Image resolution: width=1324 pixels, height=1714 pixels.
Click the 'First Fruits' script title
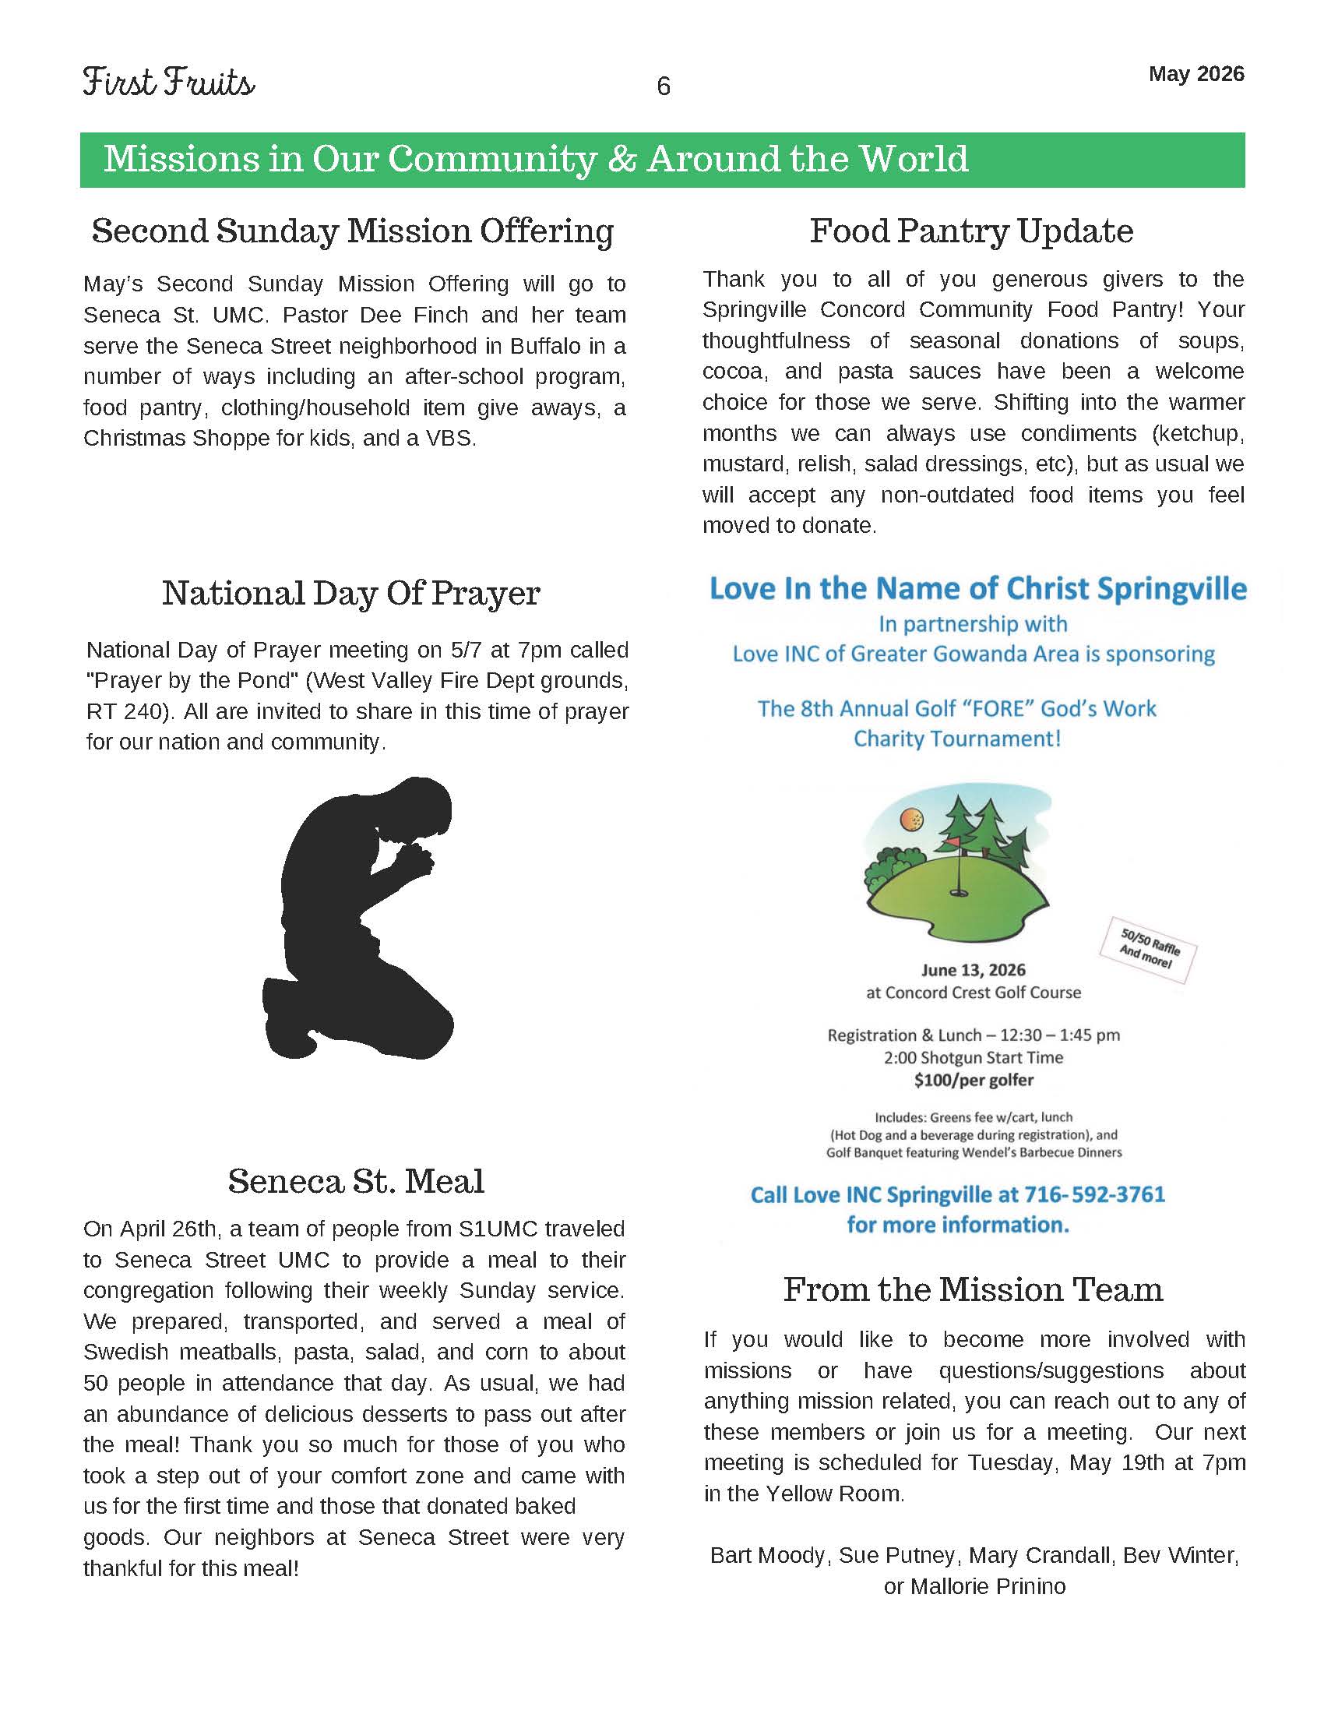tap(169, 83)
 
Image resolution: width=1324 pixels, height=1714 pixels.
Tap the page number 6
tap(663, 86)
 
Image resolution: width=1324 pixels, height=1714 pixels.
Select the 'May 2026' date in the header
tap(1195, 74)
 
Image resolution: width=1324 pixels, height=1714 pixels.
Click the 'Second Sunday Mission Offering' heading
tap(352, 231)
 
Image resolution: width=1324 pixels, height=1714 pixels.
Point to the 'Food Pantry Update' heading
tap(971, 231)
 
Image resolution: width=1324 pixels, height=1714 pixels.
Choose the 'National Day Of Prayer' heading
tap(350, 594)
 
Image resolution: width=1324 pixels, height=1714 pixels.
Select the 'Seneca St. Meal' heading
tap(356, 1180)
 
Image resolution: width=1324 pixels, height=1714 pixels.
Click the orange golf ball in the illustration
tap(913, 820)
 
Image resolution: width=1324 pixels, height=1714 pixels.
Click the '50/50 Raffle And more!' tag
tap(1148, 950)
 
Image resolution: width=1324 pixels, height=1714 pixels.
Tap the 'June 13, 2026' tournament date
tap(973, 970)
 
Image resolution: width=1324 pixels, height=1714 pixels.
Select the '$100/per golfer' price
tap(974, 1080)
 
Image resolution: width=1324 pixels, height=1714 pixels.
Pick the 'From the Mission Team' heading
tap(973, 1289)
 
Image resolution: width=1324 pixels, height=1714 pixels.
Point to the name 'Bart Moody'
tap(767, 1555)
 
